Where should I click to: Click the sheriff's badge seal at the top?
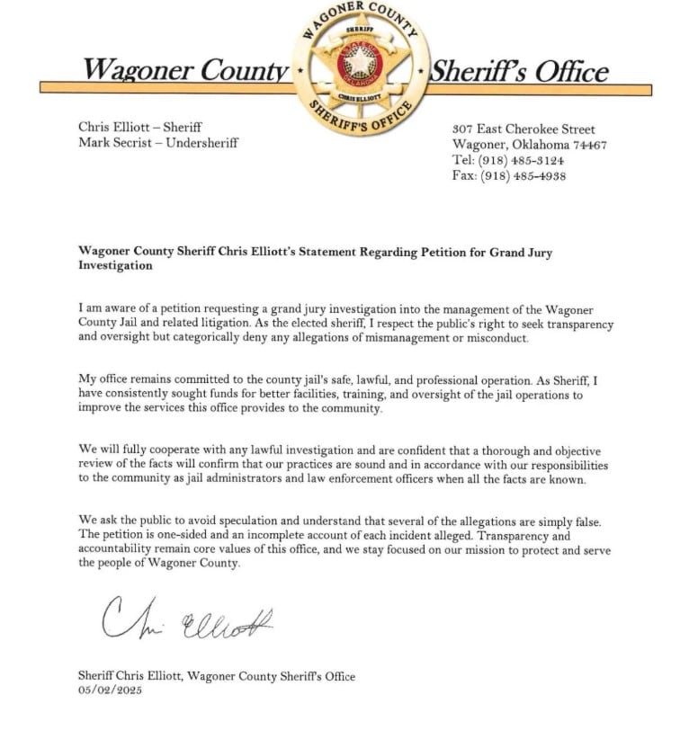361,68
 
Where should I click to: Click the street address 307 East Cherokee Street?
523,129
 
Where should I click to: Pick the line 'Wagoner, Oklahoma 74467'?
529,145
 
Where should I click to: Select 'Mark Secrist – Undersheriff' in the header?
158,143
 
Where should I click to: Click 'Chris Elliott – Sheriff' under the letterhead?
139,128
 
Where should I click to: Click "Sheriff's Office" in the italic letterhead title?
519,71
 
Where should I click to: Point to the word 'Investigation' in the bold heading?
115,266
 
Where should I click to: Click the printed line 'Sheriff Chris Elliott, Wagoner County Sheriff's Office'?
217,676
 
